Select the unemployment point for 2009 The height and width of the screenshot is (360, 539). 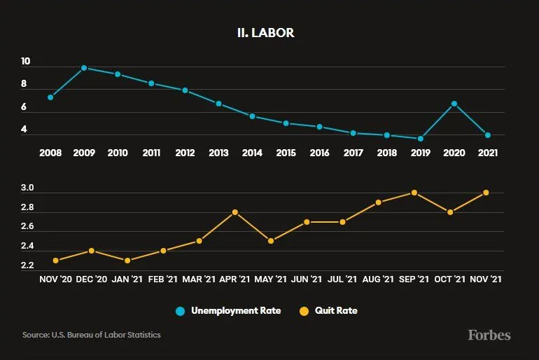click(x=84, y=68)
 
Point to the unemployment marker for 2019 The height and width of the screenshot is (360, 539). click(x=420, y=139)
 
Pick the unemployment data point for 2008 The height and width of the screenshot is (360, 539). click(x=50, y=97)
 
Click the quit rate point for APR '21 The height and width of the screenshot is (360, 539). click(x=234, y=212)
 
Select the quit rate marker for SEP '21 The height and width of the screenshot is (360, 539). click(x=414, y=193)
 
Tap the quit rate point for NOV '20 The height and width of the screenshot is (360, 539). click(x=56, y=261)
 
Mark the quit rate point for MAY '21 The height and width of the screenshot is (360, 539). click(x=271, y=241)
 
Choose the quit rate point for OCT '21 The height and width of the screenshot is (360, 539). click(x=450, y=212)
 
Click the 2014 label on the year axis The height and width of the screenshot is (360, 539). click(x=252, y=153)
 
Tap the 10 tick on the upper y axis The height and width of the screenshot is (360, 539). click(x=25, y=62)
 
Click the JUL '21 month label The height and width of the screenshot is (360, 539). click(x=342, y=279)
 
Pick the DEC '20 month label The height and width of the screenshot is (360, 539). click(x=92, y=279)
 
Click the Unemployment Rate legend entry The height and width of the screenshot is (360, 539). click(x=228, y=310)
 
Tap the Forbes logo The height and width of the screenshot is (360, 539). click(x=489, y=335)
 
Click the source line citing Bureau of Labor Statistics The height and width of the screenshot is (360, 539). click(x=92, y=335)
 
